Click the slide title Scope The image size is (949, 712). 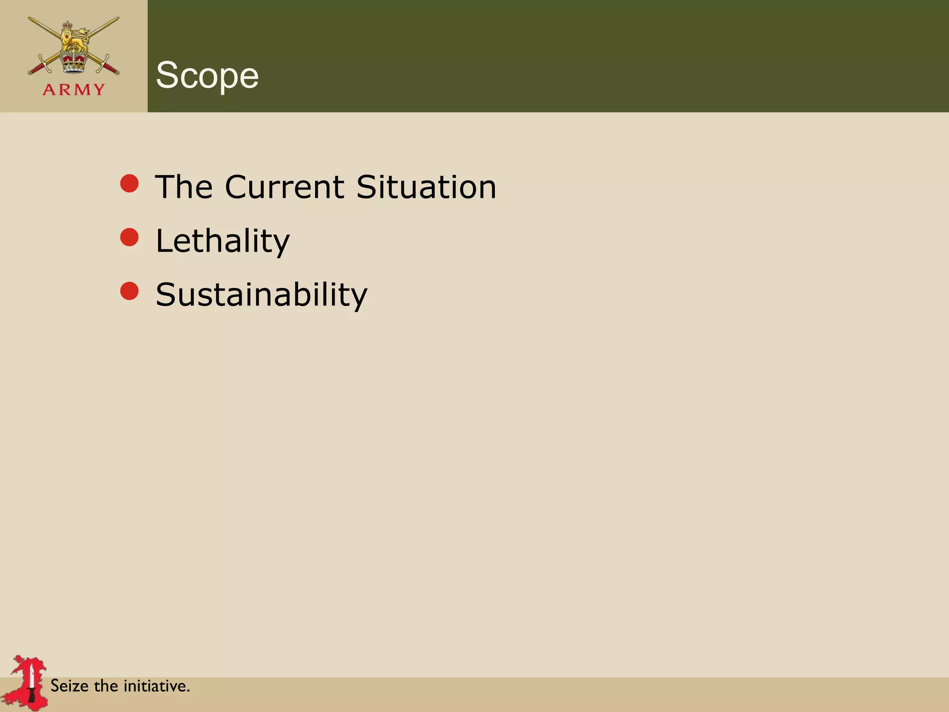207,75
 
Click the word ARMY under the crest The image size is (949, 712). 74,89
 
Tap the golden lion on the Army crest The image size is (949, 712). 74,39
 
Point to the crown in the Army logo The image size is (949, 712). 74,61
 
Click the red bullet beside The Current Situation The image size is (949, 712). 129,184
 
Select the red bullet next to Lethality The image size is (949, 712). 129,237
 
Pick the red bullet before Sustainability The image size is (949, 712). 129,291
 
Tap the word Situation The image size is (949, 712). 426,187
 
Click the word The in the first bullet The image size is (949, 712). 184,187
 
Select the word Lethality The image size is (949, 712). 222,241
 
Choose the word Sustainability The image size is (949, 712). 261,295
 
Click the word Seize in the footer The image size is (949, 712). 69,686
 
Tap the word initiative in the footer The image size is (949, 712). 156,686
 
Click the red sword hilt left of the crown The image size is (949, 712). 39,68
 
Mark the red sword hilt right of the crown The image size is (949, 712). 108,68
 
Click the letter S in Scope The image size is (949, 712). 168,75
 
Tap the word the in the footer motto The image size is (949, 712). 106,686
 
